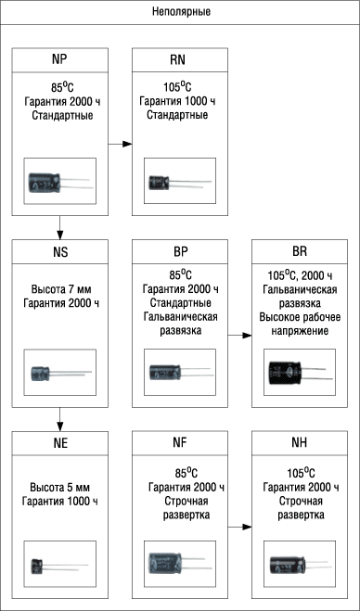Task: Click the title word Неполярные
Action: point(181,12)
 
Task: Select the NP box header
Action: point(59,60)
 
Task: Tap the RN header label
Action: point(180,60)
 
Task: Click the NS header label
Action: point(59,252)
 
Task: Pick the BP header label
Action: point(180,252)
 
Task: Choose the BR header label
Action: point(300,252)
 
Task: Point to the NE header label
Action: point(59,443)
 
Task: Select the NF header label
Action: point(180,443)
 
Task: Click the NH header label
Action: point(300,443)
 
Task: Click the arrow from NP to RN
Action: point(120,145)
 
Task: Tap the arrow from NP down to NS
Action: point(59,227)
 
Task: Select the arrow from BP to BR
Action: point(239,335)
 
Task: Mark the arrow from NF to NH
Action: point(239,527)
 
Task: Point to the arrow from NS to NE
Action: point(59,419)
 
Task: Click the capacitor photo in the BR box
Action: point(301,373)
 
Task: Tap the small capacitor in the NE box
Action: point(59,566)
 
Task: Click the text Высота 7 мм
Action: point(61,290)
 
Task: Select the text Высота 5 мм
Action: point(61,488)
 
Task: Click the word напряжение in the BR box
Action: point(300,331)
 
